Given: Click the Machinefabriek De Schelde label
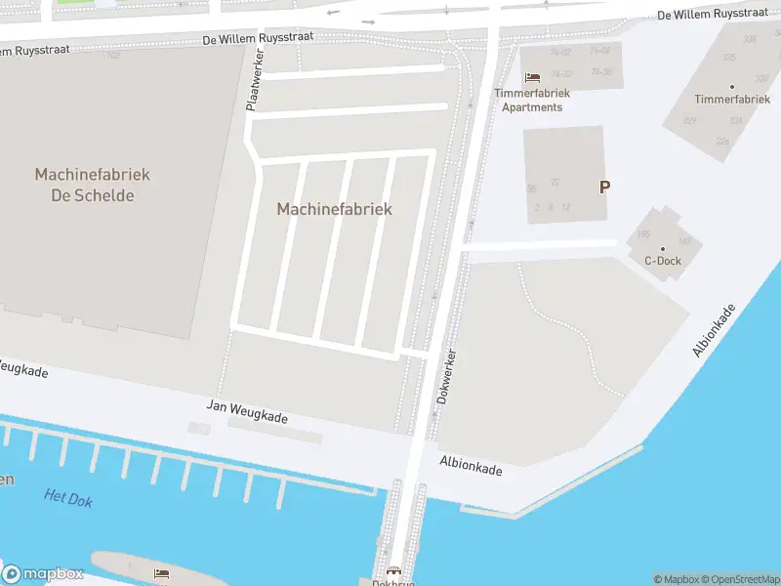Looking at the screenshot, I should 92,185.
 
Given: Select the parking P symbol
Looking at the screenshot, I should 604,187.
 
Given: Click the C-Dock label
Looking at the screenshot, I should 663,261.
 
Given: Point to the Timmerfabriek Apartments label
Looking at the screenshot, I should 532,100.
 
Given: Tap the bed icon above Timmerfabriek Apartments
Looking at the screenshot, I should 532,77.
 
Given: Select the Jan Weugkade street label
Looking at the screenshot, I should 247,411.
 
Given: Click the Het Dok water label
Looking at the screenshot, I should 68,498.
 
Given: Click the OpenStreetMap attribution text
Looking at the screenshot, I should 736,579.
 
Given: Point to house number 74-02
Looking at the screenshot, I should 560,52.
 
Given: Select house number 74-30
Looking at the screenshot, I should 601,72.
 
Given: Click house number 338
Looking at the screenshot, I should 750,39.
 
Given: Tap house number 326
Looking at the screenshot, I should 722,142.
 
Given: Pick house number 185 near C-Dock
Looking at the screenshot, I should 643,234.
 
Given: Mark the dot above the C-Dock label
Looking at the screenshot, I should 663,248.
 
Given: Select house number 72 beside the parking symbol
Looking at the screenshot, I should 555,182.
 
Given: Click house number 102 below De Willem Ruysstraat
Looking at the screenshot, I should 113,55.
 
